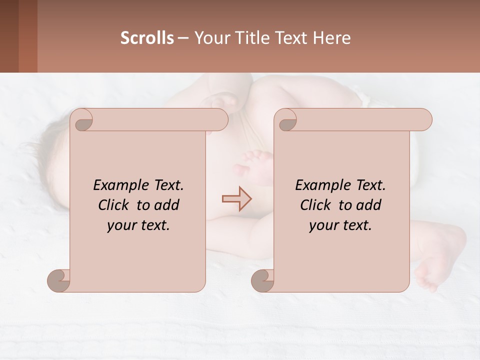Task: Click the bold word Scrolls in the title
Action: pyautogui.click(x=147, y=38)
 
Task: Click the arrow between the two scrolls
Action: pyautogui.click(x=236, y=199)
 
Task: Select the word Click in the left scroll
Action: pyautogui.click(x=115, y=205)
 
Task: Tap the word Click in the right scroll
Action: pyautogui.click(x=316, y=205)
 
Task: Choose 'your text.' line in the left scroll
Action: pyautogui.click(x=138, y=225)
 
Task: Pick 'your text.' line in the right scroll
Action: pyautogui.click(x=340, y=225)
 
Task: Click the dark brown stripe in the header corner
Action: pyautogui.click(x=9, y=36)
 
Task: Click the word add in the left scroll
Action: pyautogui.click(x=167, y=205)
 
